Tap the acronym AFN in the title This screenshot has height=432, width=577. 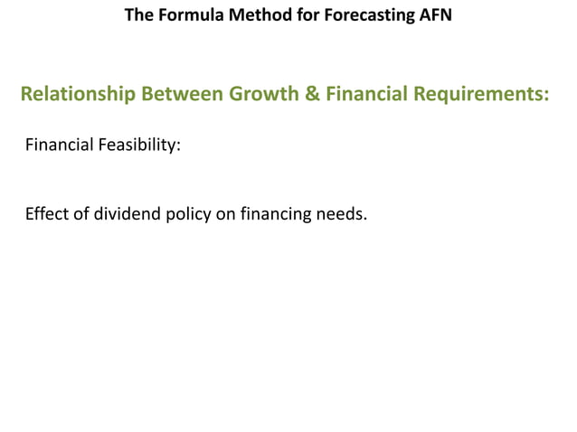tap(433, 15)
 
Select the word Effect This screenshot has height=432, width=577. tap(46, 215)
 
